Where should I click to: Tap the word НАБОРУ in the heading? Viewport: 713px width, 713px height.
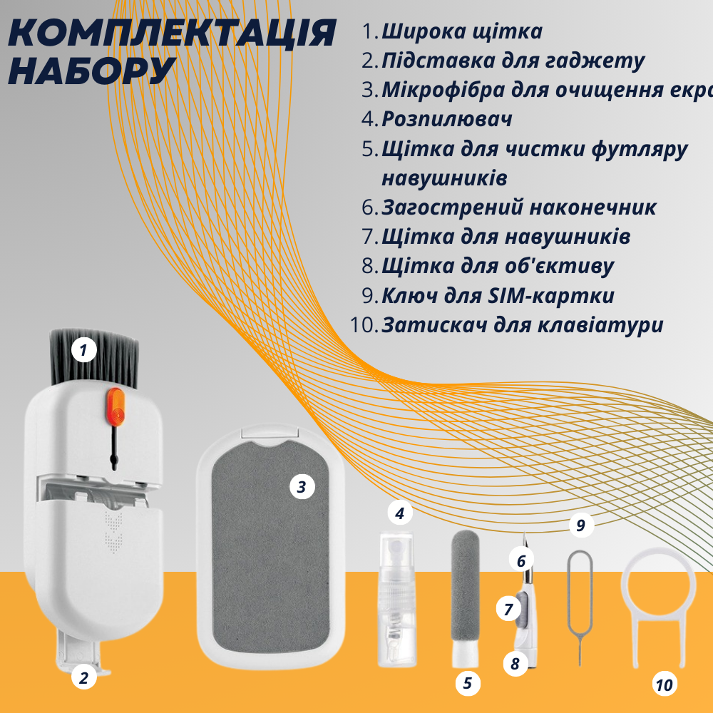point(93,69)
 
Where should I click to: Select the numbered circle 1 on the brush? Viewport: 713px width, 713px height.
point(84,350)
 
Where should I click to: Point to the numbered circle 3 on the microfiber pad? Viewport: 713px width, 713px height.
point(302,488)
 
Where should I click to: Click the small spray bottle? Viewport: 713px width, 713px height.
point(396,599)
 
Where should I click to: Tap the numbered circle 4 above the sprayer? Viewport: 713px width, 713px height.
point(400,513)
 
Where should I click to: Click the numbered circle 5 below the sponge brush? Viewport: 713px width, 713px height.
point(467,683)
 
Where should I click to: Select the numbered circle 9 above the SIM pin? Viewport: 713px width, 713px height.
point(581,526)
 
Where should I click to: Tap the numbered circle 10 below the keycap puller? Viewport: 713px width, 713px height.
point(664,685)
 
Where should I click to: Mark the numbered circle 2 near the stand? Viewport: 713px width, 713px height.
point(83,677)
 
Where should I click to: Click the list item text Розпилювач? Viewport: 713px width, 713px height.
point(446,119)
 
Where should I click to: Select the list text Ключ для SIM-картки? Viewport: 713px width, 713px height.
point(498,295)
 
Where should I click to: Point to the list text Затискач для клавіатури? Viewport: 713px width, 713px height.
point(522,325)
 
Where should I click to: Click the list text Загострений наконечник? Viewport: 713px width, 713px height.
point(518,207)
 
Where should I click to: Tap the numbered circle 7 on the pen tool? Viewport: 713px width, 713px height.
point(508,610)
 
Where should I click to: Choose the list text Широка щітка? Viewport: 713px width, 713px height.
point(461,31)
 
